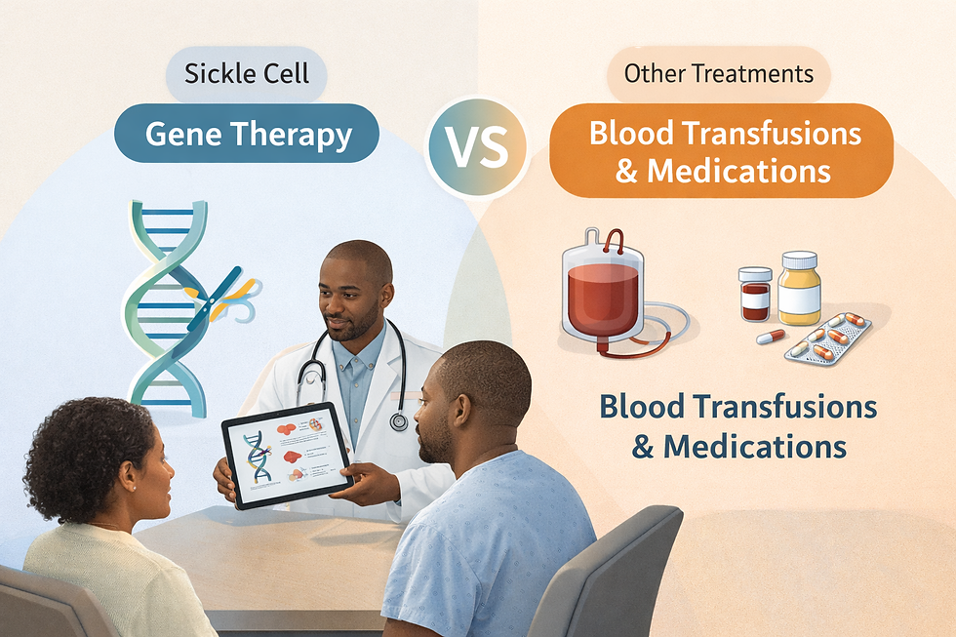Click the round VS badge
click(478, 147)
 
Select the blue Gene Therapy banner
click(248, 134)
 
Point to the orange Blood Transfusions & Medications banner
click(721, 150)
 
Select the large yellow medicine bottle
click(799, 289)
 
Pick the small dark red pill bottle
click(754, 295)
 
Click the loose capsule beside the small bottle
click(771, 337)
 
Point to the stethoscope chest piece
click(398, 420)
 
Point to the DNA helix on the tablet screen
click(259, 457)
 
